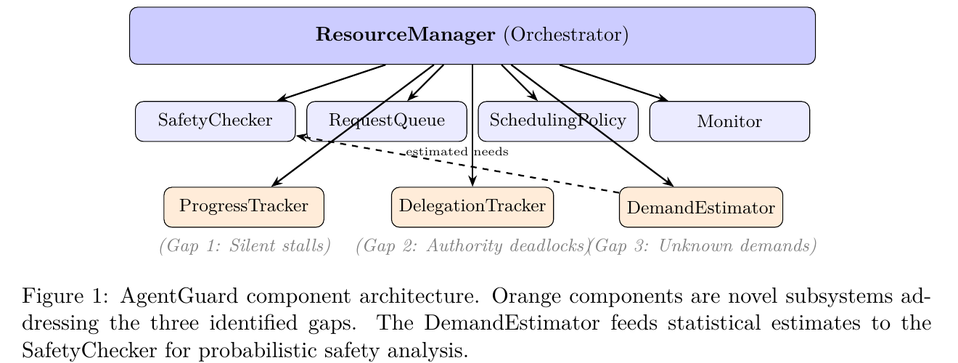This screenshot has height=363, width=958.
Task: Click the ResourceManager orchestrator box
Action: (472, 36)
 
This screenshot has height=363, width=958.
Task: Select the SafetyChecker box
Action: (215, 121)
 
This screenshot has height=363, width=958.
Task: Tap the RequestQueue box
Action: (386, 121)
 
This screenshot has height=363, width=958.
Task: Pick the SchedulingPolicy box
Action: (557, 121)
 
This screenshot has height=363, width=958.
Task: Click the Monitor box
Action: (729, 121)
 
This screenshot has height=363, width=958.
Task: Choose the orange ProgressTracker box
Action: (243, 206)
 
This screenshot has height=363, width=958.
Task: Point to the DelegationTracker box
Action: (472, 206)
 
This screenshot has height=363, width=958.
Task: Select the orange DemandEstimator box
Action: (700, 208)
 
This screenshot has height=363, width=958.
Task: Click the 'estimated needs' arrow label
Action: (457, 152)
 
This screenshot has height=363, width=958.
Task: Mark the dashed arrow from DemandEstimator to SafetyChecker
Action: (552, 179)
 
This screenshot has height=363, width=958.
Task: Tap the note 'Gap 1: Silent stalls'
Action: (245, 246)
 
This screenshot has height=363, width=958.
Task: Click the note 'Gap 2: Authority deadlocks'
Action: (472, 246)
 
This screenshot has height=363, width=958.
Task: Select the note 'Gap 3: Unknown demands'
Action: (702, 246)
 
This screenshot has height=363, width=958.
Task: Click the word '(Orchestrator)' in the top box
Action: (565, 36)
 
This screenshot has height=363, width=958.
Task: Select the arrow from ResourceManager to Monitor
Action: (613, 82)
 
